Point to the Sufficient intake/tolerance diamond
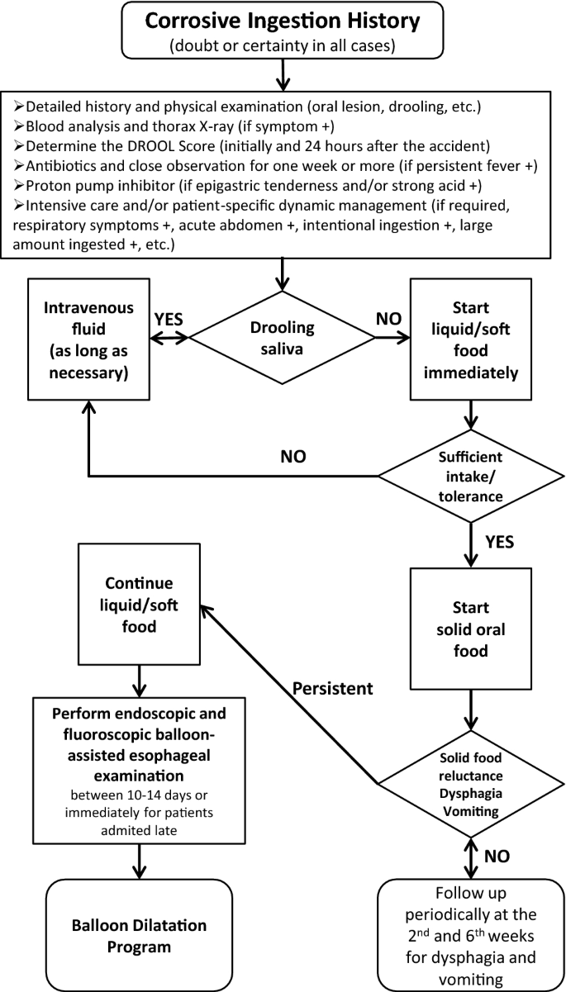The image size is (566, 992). coord(471,476)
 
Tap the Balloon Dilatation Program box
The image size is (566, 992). coord(138,934)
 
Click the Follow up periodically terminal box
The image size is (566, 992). coord(471,934)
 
